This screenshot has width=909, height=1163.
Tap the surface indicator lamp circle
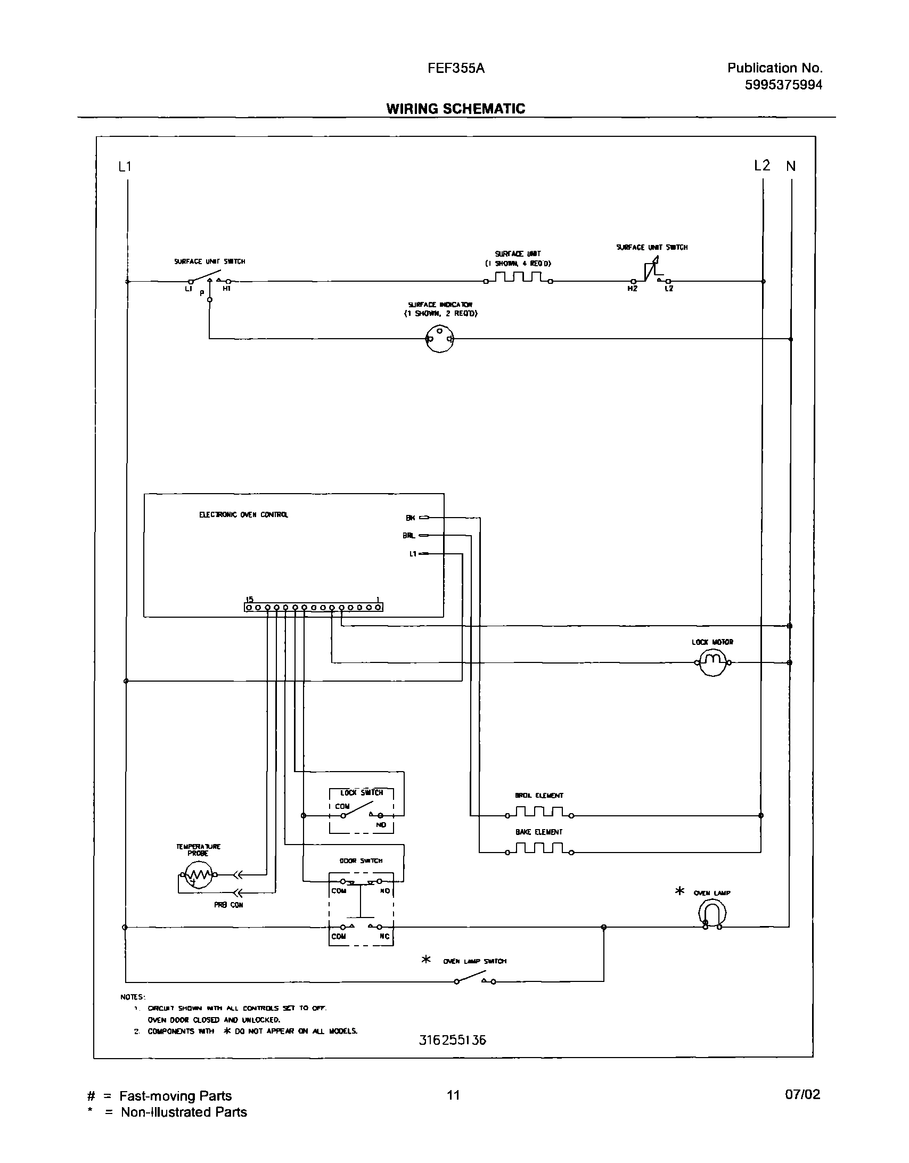(439, 339)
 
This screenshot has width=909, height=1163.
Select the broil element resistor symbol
(539, 815)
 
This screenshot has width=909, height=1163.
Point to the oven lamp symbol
(712, 914)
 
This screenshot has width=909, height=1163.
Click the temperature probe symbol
(198, 874)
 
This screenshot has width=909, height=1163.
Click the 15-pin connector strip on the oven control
(314, 607)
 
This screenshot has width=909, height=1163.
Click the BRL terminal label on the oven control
(409, 536)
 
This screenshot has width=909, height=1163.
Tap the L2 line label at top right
(762, 166)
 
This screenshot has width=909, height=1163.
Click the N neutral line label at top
(791, 167)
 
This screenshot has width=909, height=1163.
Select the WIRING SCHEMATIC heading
(455, 109)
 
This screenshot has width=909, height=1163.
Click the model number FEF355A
(456, 69)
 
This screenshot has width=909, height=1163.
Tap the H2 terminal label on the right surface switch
(632, 289)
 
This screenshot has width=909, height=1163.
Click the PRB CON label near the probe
(228, 905)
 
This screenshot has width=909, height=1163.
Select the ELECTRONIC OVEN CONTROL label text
(243, 515)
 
